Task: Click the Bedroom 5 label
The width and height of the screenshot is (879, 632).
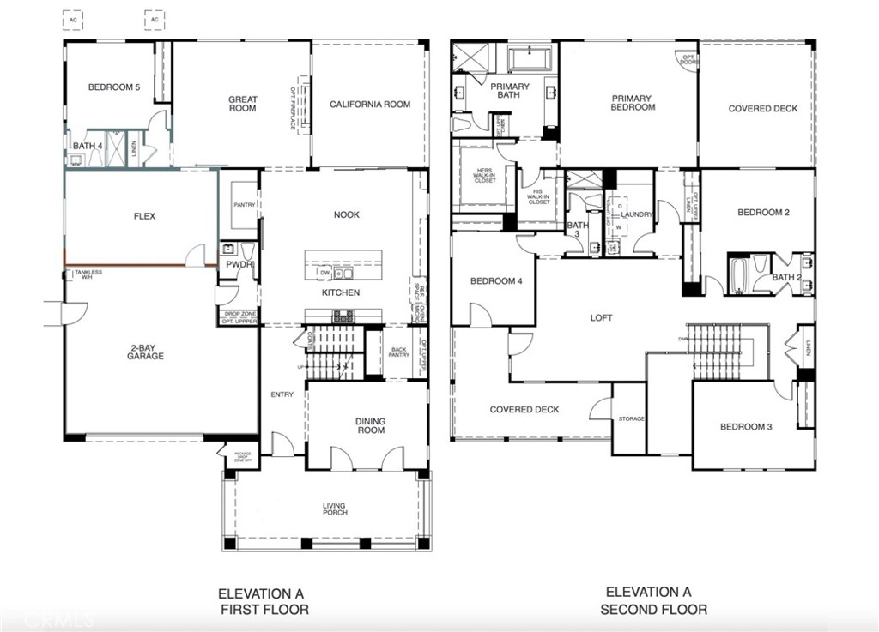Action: pos(113,87)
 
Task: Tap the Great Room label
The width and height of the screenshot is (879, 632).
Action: pos(242,104)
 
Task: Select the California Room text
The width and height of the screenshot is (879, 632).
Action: pos(370,105)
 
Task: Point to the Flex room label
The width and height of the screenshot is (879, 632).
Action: pos(144,216)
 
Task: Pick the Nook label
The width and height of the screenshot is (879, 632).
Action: pos(346,215)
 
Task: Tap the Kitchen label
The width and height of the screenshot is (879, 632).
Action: pos(341,292)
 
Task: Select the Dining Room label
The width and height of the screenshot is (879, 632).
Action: pos(371,425)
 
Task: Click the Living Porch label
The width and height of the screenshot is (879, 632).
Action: pos(335,509)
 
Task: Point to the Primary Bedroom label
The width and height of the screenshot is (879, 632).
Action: pos(633,103)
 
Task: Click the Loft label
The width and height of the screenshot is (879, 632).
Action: pos(602,318)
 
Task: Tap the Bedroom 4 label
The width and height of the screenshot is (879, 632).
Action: pos(495,281)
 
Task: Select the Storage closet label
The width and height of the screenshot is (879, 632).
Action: pos(631,419)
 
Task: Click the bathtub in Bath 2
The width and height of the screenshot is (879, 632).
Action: pos(740,276)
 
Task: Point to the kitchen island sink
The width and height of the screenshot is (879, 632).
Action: pos(342,274)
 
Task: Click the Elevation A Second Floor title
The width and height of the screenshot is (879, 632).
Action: pos(653,600)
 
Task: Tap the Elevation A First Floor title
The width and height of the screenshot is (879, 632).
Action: pos(261,601)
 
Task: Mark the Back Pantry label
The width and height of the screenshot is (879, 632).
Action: pos(398,352)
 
